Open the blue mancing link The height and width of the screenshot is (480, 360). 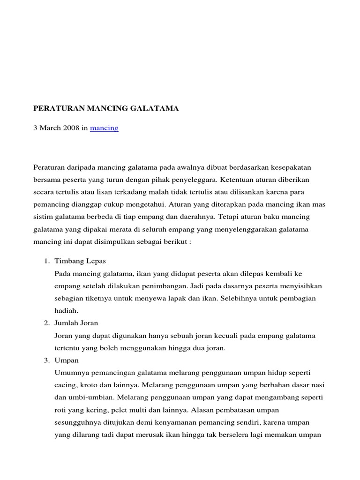104,128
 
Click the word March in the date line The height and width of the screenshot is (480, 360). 50,128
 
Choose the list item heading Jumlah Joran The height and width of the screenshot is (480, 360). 76,323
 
